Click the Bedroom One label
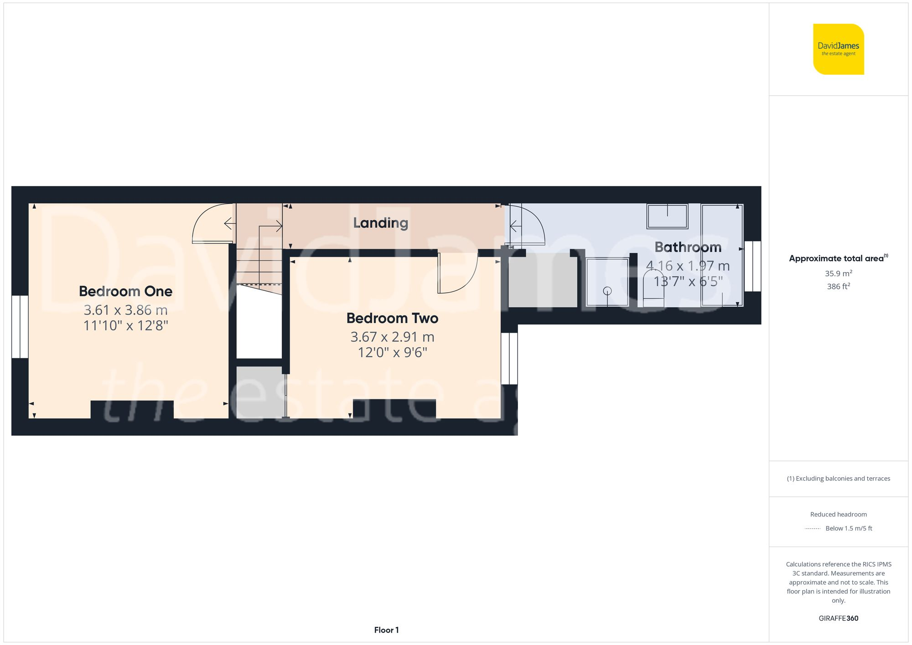tap(125, 291)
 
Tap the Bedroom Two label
tap(392, 318)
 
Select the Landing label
tap(380, 223)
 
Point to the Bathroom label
tap(688, 247)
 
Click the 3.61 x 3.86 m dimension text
tap(125, 310)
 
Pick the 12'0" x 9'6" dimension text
tap(392, 352)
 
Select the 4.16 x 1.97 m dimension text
tap(688, 266)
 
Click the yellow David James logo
tap(838, 49)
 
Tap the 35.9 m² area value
tap(838, 273)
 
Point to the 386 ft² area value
tap(838, 286)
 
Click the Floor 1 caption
tap(386, 630)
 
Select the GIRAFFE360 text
tap(838, 618)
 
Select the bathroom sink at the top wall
tap(667, 216)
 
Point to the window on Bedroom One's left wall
tap(20, 326)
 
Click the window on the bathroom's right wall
tap(753, 266)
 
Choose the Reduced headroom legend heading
tap(838, 514)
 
